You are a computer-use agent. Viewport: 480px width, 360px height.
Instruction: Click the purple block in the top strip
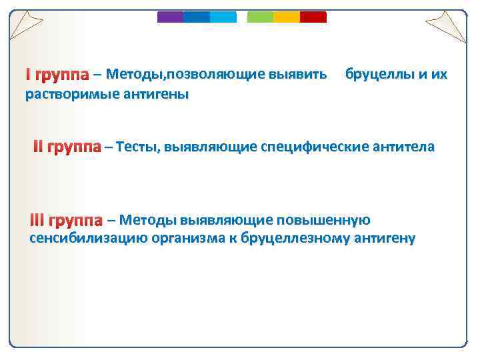[170, 17]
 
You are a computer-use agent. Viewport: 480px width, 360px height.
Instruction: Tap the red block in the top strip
[313, 17]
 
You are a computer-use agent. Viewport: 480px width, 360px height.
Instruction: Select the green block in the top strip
[260, 17]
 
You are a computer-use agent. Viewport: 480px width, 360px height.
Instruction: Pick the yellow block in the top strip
[287, 17]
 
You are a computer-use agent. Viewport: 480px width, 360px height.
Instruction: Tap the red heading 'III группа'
[65, 221]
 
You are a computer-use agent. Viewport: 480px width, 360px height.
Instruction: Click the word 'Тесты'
[136, 147]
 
